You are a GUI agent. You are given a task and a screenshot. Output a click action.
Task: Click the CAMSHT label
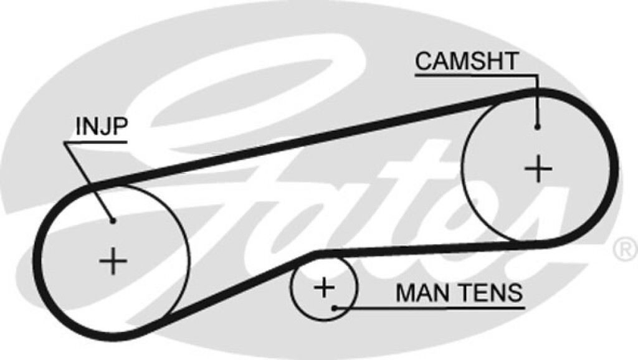tap(467, 61)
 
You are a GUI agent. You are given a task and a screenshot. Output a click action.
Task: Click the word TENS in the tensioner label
tap(489, 293)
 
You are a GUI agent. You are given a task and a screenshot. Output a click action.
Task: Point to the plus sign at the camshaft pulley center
tap(538, 168)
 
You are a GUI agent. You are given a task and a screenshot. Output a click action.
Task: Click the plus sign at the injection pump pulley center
tap(113, 261)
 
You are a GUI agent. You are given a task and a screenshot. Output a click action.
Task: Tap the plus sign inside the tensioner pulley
tap(324, 288)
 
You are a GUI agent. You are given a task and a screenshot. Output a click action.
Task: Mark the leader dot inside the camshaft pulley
tap(538, 127)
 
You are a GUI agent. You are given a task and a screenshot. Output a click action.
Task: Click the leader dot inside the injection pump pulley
tap(113, 221)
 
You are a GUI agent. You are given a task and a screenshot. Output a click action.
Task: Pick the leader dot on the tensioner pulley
tap(334, 308)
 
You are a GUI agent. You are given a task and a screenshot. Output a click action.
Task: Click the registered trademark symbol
tap(626, 250)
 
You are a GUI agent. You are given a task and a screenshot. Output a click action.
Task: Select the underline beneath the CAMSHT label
tap(476, 75)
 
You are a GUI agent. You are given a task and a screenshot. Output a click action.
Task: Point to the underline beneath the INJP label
tap(95, 143)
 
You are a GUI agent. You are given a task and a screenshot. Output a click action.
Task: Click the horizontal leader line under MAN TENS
tap(429, 308)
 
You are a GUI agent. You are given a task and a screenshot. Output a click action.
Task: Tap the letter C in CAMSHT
tap(425, 61)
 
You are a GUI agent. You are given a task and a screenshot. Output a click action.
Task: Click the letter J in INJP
tap(103, 126)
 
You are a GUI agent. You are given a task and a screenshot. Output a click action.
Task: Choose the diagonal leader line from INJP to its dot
tap(88, 182)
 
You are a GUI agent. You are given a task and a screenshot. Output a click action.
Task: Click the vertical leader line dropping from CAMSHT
tap(538, 102)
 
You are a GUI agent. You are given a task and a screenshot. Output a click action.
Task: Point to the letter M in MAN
tap(405, 293)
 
